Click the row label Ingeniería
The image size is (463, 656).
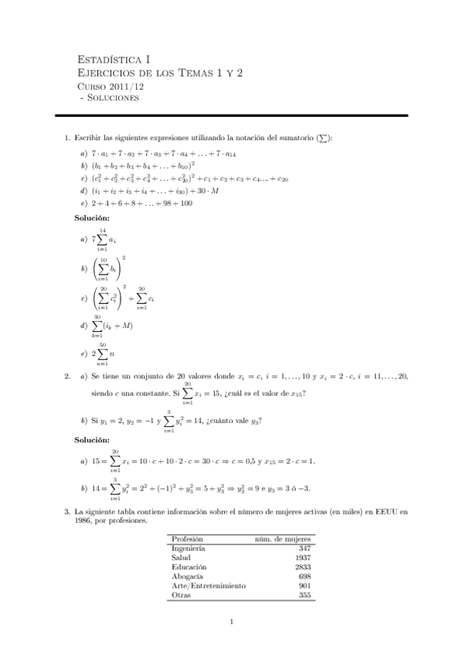pyautogui.click(x=189, y=548)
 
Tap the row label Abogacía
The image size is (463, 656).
pyautogui.click(x=187, y=576)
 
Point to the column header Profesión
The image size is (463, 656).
pyautogui.click(x=188, y=538)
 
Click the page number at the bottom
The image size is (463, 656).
pyautogui.click(x=232, y=621)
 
